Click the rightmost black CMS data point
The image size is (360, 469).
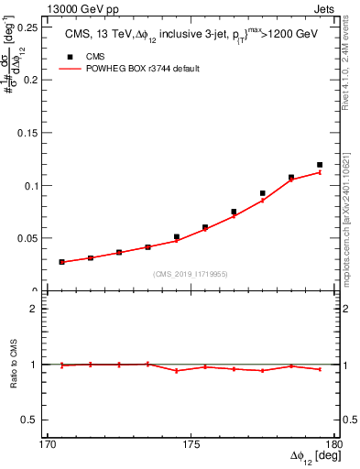(x=320, y=165)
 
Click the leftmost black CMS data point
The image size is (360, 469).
(x=62, y=262)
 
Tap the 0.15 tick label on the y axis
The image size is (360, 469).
(x=30, y=132)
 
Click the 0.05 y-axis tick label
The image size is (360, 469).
(x=30, y=238)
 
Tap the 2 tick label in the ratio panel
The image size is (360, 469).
(x=38, y=309)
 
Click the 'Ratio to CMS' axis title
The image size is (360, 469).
(x=14, y=365)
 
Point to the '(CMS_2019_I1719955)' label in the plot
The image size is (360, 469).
(x=191, y=273)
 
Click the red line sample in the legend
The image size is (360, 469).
(x=71, y=69)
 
